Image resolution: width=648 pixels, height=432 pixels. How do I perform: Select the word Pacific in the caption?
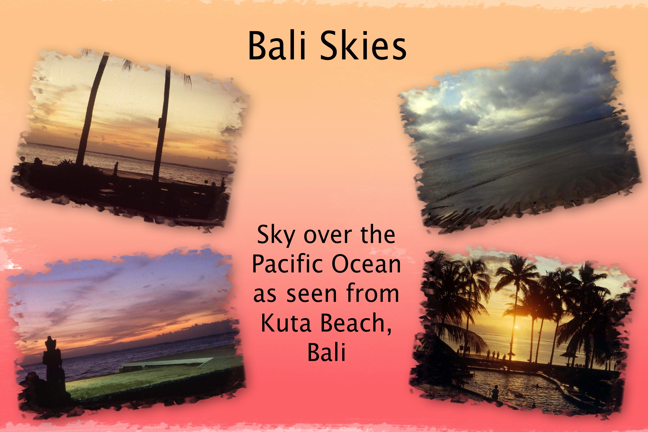pos(288,264)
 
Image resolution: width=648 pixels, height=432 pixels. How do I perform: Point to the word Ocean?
pos(366,264)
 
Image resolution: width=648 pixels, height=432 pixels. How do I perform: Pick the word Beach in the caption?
pos(356,323)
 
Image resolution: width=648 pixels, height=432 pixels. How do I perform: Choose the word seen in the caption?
pos(312,294)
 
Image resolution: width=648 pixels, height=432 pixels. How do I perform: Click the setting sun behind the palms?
pos(516,327)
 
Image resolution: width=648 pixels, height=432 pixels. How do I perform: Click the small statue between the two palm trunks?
pos(116,168)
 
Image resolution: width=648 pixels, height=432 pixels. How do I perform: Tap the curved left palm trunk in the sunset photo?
pos(92,109)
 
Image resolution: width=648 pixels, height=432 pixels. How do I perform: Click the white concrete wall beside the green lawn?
pos(165,363)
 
